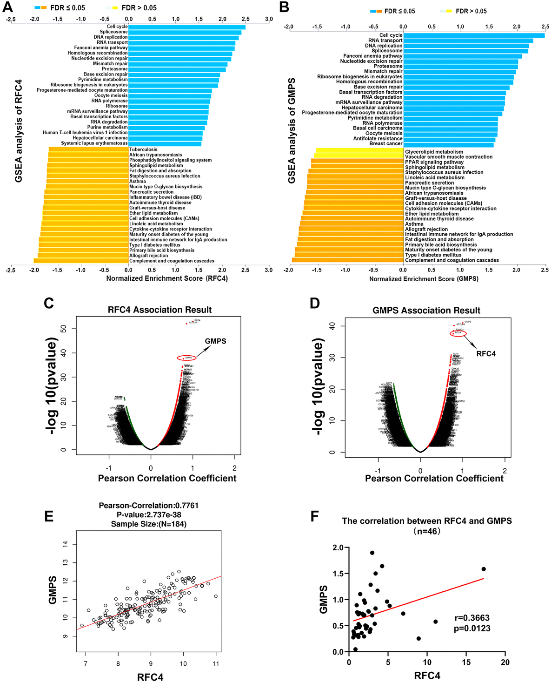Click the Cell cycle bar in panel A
pos(186,27)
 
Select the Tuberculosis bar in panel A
pos(88,149)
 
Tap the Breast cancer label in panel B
pos(386,144)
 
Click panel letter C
pos(49,304)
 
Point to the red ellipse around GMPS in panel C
pos(186,358)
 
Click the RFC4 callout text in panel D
pos(486,354)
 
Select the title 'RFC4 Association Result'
pos(159,310)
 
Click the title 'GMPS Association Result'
pos(426,311)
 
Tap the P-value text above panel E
pos(149,514)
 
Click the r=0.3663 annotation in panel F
pos(472,618)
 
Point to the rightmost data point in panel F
pos(484,569)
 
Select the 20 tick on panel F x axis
pos(505,663)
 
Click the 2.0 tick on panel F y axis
pos(338,548)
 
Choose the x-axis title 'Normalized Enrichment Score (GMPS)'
pos(424,279)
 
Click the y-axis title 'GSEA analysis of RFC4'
pos(19,131)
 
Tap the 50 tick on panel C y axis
pos(64,329)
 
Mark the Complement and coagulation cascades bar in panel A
pos(81,261)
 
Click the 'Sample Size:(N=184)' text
pos(149,524)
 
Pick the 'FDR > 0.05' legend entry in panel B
pos(465,11)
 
